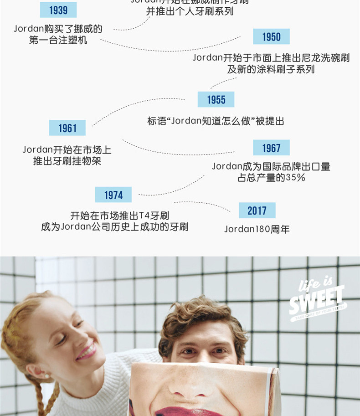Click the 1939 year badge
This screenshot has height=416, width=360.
click(58, 10)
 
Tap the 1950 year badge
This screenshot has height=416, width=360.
click(271, 37)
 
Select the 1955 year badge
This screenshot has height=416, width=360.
click(216, 99)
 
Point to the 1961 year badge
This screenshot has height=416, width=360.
click(67, 128)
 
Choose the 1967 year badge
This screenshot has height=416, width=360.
click(271, 148)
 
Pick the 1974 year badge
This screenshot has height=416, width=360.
click(113, 195)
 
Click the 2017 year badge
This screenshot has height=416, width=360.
click(257, 211)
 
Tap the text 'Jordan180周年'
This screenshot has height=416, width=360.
click(257, 229)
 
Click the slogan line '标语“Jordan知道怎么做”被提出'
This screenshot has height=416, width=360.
click(216, 121)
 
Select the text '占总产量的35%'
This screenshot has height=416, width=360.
click(271, 178)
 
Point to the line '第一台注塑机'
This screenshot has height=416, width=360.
click(58, 40)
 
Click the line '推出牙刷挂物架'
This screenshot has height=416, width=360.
click(67, 161)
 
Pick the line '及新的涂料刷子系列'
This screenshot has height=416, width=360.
click(271, 69)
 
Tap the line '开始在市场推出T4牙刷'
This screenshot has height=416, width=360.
click(119, 216)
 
